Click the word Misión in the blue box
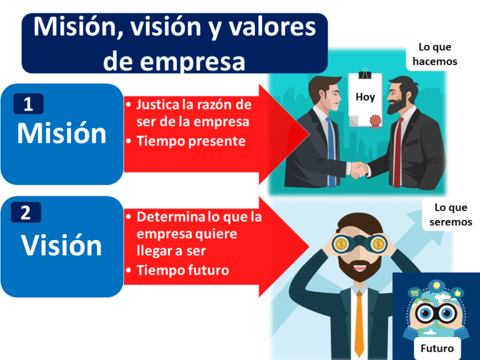tap(61, 133)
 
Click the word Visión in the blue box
tap(61, 245)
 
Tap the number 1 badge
tap(28, 104)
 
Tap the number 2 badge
tap(26, 213)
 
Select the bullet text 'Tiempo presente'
tap(191, 141)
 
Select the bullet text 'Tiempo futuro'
tap(182, 270)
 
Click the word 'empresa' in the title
tap(174, 61)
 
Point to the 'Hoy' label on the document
tap(365, 97)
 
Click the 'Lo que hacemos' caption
tap(434, 54)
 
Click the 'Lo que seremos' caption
tap(451, 215)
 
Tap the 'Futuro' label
tap(437, 348)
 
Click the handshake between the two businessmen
tap(359, 169)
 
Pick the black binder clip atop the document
tap(366, 72)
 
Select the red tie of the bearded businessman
tap(397, 150)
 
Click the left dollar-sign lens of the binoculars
tap(341, 244)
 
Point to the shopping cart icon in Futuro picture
tap(414, 292)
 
